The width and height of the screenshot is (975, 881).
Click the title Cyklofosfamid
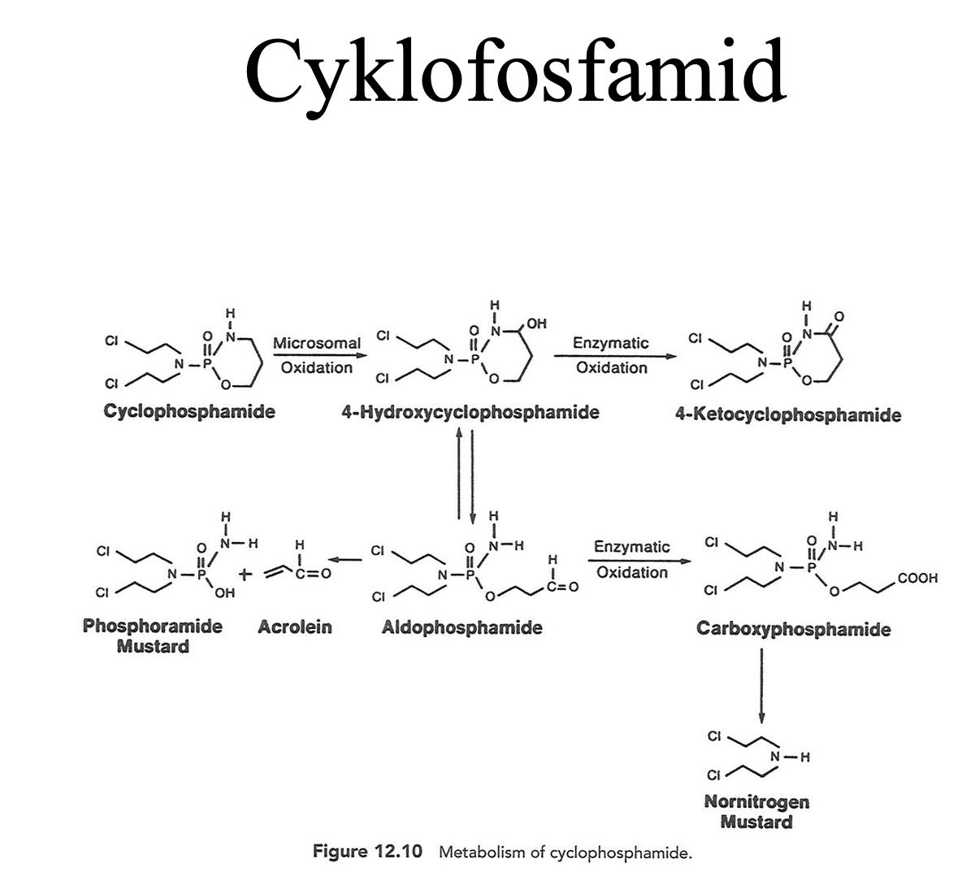point(514,69)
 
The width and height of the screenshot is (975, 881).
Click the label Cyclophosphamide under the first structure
point(189,411)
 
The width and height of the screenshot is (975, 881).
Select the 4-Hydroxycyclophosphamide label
point(470,412)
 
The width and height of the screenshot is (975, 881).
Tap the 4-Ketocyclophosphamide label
point(787,415)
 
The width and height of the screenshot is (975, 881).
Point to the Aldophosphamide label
point(461,627)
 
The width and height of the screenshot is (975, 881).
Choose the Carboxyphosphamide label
point(793,629)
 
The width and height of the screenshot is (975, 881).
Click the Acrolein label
point(294,627)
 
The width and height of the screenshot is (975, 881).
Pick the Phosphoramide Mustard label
point(153,636)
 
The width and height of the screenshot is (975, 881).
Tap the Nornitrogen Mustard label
point(756,811)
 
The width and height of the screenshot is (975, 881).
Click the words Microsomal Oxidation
point(317,355)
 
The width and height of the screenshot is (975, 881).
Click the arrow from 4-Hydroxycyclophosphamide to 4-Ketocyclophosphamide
point(613,355)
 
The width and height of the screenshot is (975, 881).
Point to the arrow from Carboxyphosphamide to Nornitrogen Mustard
point(761,683)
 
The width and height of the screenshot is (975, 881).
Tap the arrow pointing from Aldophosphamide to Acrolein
point(347,559)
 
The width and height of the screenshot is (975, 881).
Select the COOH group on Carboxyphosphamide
point(918,579)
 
